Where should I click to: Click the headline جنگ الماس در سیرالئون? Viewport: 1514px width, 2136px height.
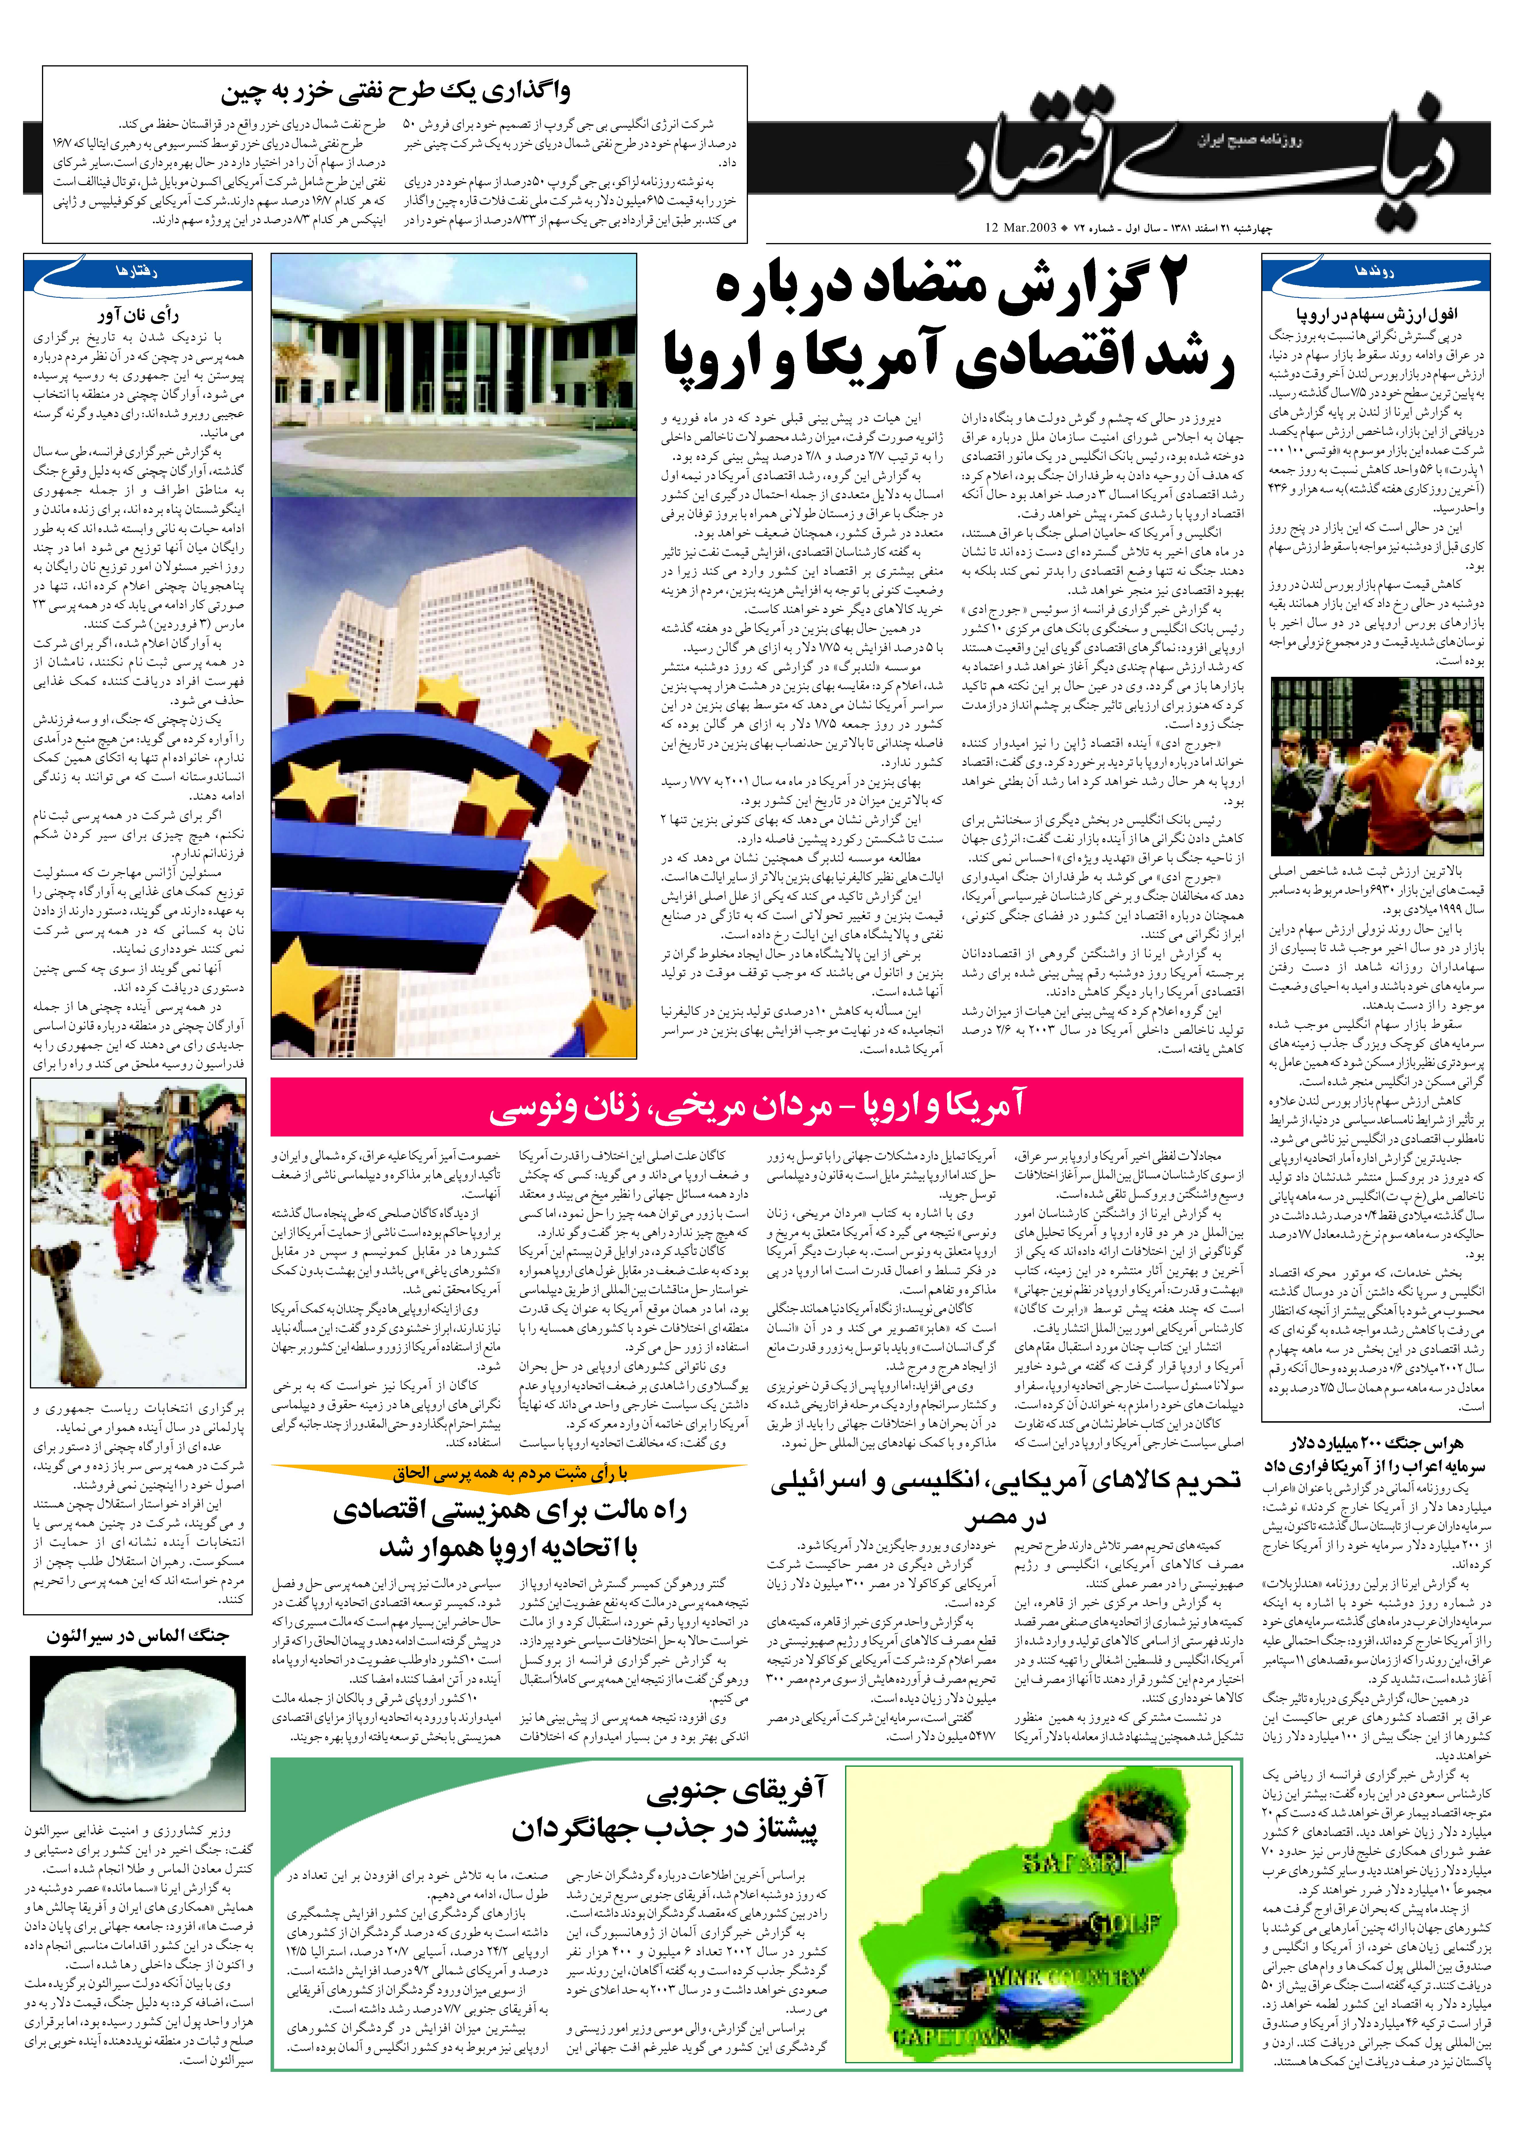(x=138, y=1636)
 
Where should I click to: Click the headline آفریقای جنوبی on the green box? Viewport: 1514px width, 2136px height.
(x=736, y=1812)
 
